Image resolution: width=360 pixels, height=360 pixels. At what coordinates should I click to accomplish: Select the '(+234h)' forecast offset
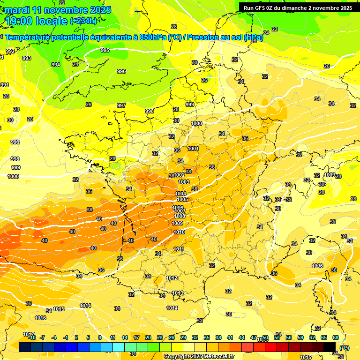83,21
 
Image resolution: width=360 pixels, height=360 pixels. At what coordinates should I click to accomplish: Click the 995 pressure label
105,50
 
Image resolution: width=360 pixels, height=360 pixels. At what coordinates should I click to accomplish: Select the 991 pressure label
4,85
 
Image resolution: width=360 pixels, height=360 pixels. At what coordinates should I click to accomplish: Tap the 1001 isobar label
193,149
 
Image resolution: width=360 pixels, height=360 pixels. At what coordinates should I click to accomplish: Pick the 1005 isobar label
182,199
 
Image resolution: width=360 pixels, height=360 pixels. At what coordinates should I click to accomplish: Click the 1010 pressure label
179,232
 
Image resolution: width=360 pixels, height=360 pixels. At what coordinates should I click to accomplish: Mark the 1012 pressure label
172,278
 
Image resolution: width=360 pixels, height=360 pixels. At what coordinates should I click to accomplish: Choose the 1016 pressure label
41,318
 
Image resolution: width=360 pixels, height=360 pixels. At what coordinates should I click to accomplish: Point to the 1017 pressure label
28,334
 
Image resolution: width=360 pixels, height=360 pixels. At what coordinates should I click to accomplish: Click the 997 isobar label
121,105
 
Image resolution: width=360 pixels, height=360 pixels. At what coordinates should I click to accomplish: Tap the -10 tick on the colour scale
32,337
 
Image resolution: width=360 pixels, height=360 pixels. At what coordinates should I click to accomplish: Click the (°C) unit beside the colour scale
345,347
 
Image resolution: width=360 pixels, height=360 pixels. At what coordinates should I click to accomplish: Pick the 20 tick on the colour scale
148,337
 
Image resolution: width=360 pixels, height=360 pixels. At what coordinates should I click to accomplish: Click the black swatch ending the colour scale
330,347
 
